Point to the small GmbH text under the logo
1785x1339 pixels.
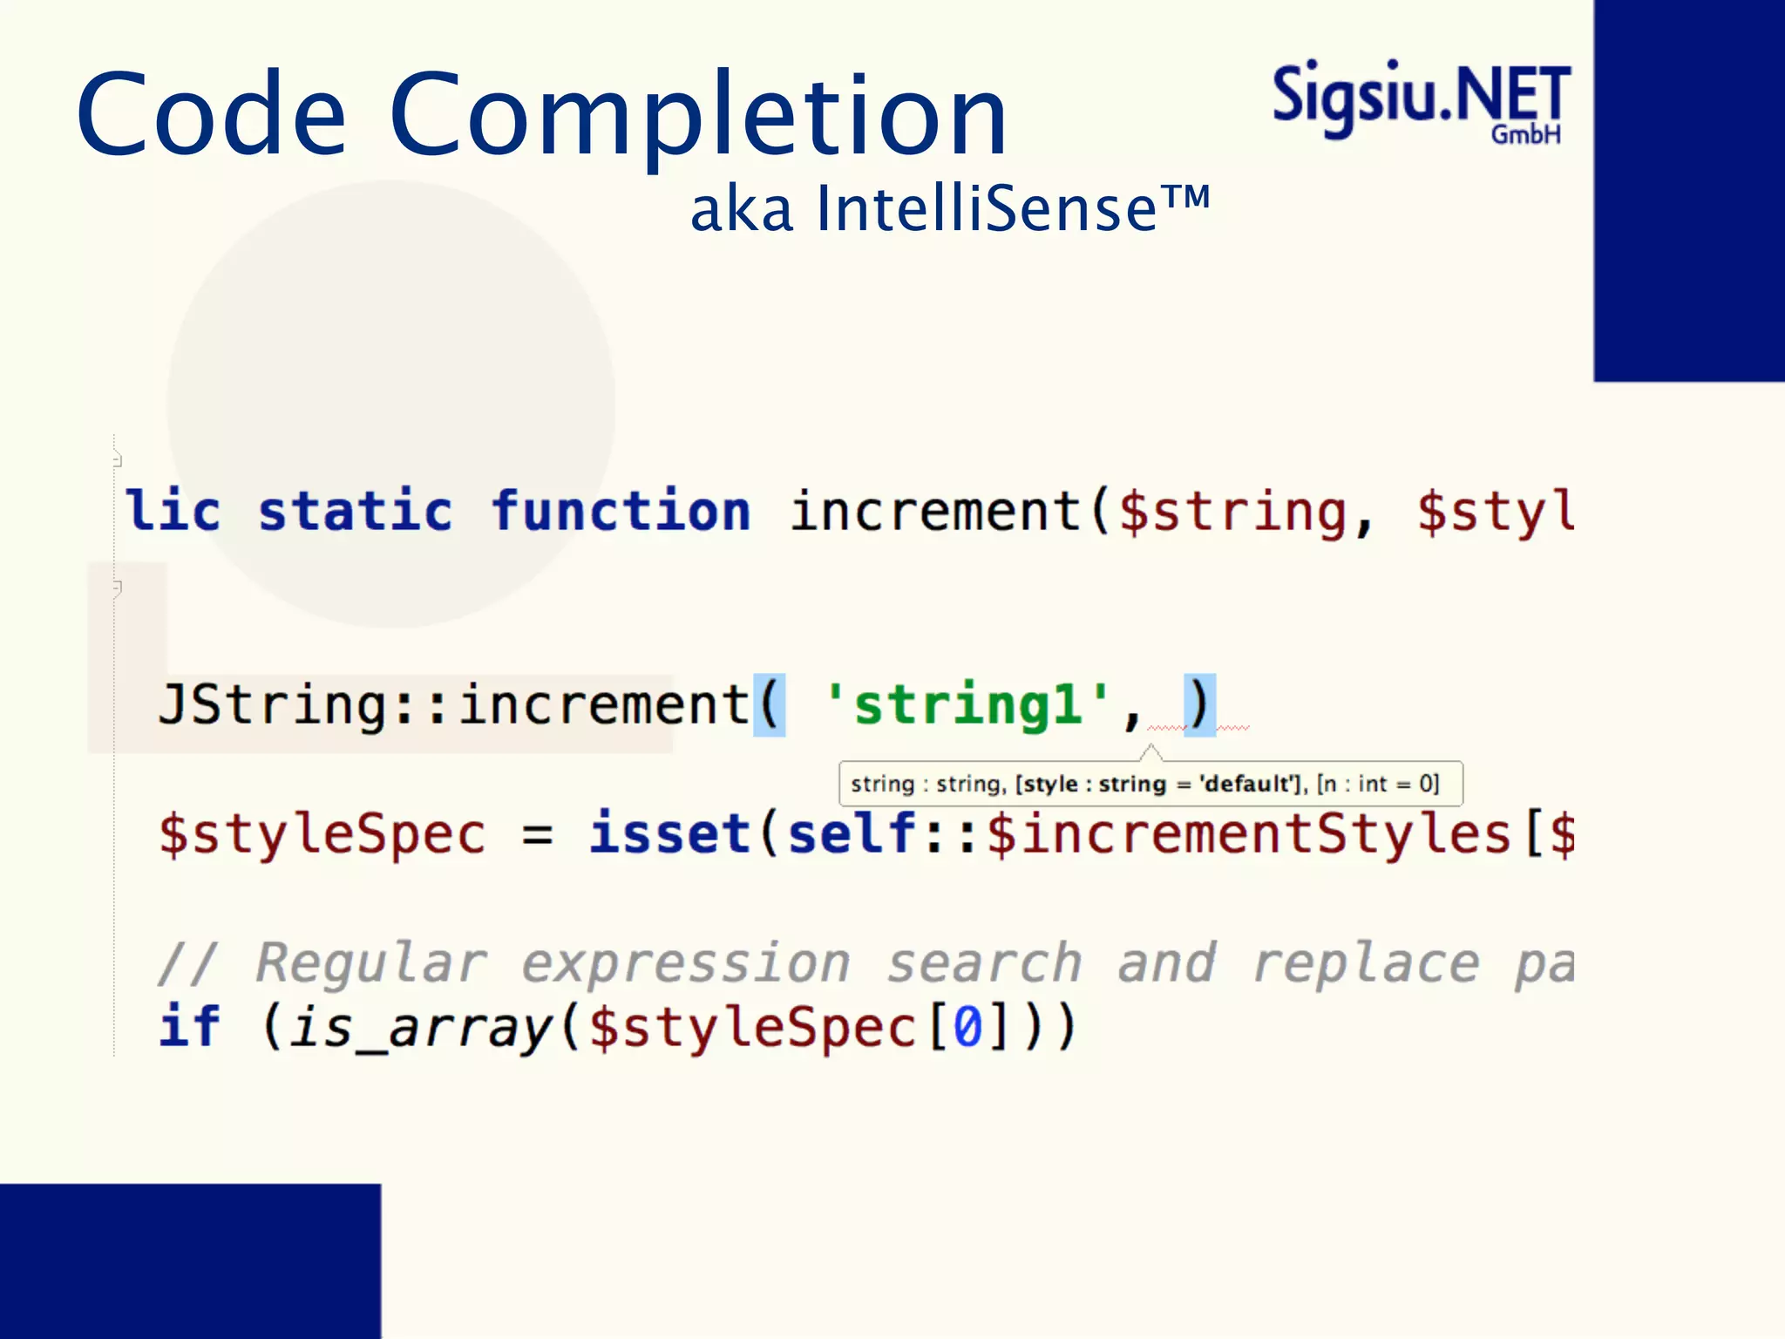pyautogui.click(x=1525, y=135)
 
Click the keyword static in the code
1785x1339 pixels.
pyautogui.click(x=356, y=511)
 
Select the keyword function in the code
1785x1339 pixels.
pyautogui.click(x=621, y=511)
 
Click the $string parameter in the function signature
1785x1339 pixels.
pyautogui.click(x=1232, y=511)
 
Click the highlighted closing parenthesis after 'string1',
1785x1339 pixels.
pyautogui.click(x=1199, y=704)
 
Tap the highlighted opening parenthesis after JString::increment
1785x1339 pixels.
pyautogui.click(x=769, y=704)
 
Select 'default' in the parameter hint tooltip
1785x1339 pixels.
pyautogui.click(x=1250, y=784)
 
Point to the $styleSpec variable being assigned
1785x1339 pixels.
pyautogui.click(x=322, y=834)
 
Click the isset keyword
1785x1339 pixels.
pyautogui.click(x=669, y=833)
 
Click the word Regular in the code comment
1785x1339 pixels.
pyautogui.click(x=371, y=963)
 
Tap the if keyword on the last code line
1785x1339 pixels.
pyautogui.click(x=190, y=1027)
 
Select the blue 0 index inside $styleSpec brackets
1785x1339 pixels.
pyautogui.click(x=967, y=1027)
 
